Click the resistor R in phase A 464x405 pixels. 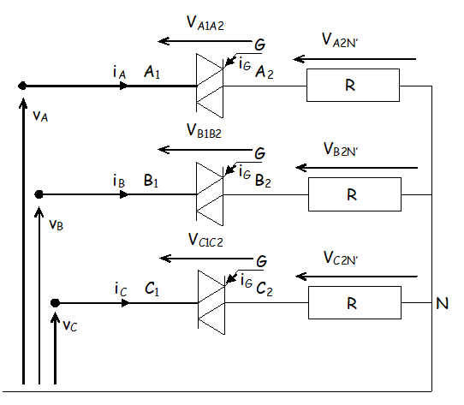pos(353,86)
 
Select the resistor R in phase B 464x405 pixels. pos(354,194)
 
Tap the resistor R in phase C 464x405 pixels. pos(354,302)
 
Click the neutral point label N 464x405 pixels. pos(442,303)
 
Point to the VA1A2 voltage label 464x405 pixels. pos(205,23)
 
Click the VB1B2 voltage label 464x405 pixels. pos(204,131)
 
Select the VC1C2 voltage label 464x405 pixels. pos(205,240)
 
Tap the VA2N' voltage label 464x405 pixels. pos(340,40)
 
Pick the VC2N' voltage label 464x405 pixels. pos(341,258)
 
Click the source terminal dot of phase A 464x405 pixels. pos(22,86)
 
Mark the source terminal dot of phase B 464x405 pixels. pos(39,194)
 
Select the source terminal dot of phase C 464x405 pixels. pos(55,303)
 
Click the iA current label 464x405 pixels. pos(120,73)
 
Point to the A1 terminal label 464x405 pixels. pos(152,72)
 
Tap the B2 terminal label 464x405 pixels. pos(263,181)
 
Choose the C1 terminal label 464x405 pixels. pos(152,289)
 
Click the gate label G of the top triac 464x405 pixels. pos(259,45)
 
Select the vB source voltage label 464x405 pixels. pos(56,224)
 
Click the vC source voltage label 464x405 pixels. pos(70,326)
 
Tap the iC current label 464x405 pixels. pos(121,289)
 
